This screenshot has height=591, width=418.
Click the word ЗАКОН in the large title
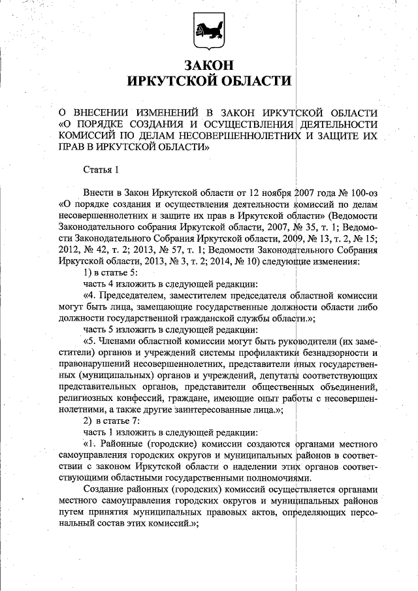(208, 66)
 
